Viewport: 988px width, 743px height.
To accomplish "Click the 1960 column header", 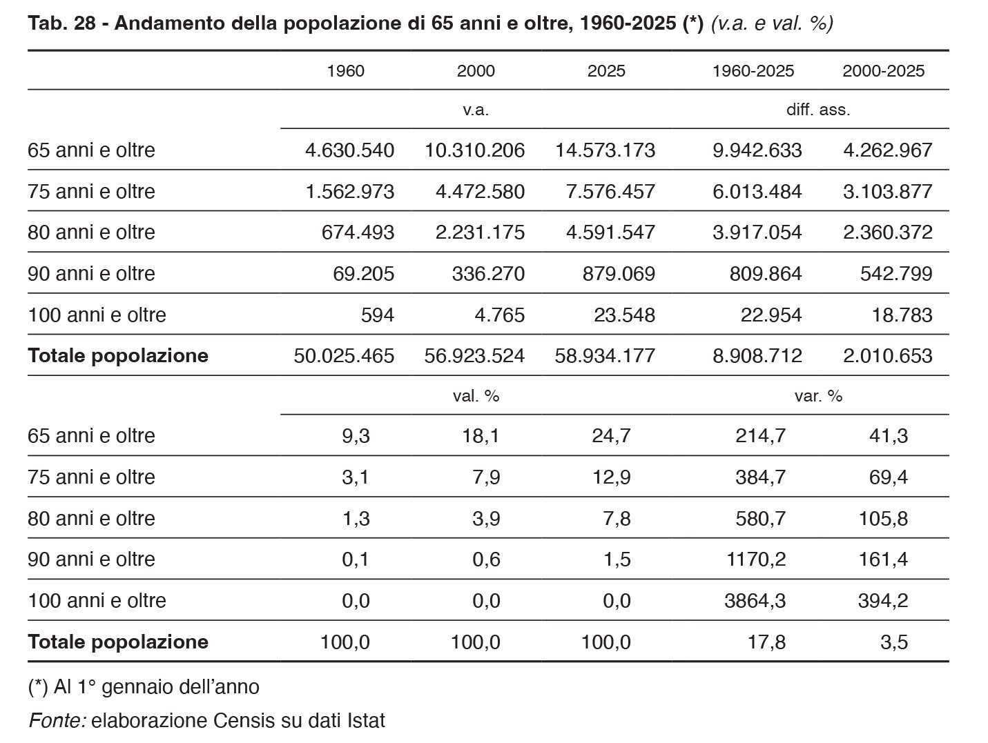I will [x=345, y=71].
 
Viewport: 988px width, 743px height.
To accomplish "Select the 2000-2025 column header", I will [x=883, y=71].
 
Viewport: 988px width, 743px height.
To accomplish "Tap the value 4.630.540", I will [x=349, y=150].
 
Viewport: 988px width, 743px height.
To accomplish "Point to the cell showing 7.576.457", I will [x=610, y=191].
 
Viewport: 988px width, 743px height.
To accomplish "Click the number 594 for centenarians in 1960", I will [x=378, y=315].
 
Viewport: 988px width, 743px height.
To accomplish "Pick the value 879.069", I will [x=619, y=274].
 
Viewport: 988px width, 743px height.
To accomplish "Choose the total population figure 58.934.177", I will [x=605, y=356].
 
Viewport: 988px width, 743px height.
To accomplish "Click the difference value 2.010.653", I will [x=887, y=356].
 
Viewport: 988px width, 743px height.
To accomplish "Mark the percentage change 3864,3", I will [x=755, y=601].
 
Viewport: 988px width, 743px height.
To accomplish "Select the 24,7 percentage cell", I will [x=610, y=436].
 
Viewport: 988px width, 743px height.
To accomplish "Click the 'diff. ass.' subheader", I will [x=818, y=110].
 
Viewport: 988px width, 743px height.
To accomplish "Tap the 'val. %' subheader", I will [x=476, y=397].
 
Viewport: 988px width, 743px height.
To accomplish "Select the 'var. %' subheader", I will [x=818, y=397].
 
